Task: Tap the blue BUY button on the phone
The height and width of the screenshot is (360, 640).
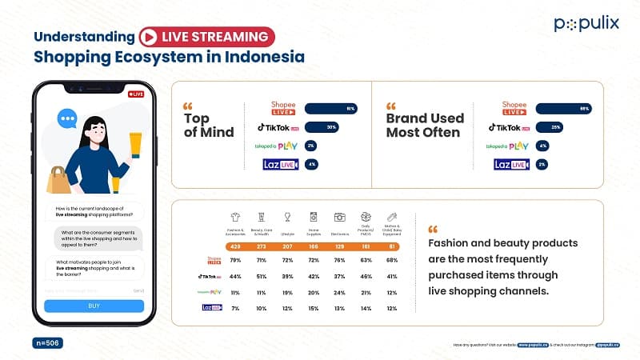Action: pos(94,306)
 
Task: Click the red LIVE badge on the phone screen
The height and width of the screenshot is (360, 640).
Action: pos(136,94)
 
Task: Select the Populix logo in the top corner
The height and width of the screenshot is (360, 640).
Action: pos(586,23)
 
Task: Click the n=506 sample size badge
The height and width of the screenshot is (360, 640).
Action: pos(47,342)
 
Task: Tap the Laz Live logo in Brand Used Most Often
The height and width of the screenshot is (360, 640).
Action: pos(511,165)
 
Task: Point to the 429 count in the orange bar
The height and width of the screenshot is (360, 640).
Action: pos(236,246)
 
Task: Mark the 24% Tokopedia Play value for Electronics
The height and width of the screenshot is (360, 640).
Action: pos(340,293)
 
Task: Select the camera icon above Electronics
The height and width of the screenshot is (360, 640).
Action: pos(340,217)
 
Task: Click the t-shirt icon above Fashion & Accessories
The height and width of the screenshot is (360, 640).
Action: pos(236,217)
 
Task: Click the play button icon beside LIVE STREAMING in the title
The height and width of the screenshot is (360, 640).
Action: pos(147,36)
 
